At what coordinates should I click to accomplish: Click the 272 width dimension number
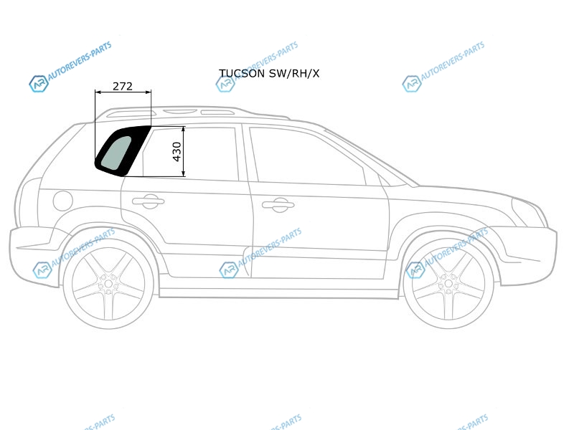point(122,86)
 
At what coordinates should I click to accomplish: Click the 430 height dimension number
point(177,152)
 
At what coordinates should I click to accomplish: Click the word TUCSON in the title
point(242,74)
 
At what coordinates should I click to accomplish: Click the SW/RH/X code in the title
point(294,74)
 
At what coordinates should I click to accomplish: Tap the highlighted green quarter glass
point(116,153)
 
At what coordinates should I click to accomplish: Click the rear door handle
point(149,201)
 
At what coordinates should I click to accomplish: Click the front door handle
point(278,205)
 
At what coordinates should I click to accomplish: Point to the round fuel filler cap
point(63,201)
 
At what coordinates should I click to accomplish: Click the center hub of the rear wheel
point(108,284)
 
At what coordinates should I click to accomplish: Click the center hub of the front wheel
point(448,284)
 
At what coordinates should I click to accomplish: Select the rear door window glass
point(190,153)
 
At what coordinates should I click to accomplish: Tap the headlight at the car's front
point(527,212)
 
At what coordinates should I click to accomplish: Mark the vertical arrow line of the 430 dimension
point(184,151)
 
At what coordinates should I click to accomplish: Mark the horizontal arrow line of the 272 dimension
point(123,92)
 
